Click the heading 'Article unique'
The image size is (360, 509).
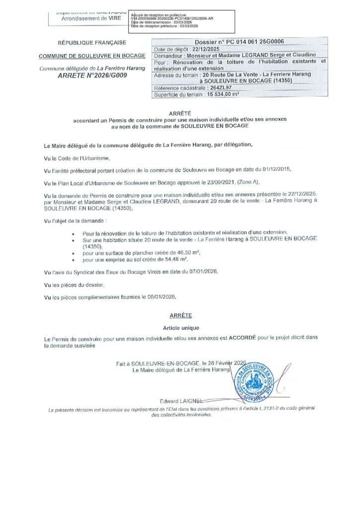[x=181, y=328]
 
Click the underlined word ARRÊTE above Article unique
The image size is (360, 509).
[x=181, y=315]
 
